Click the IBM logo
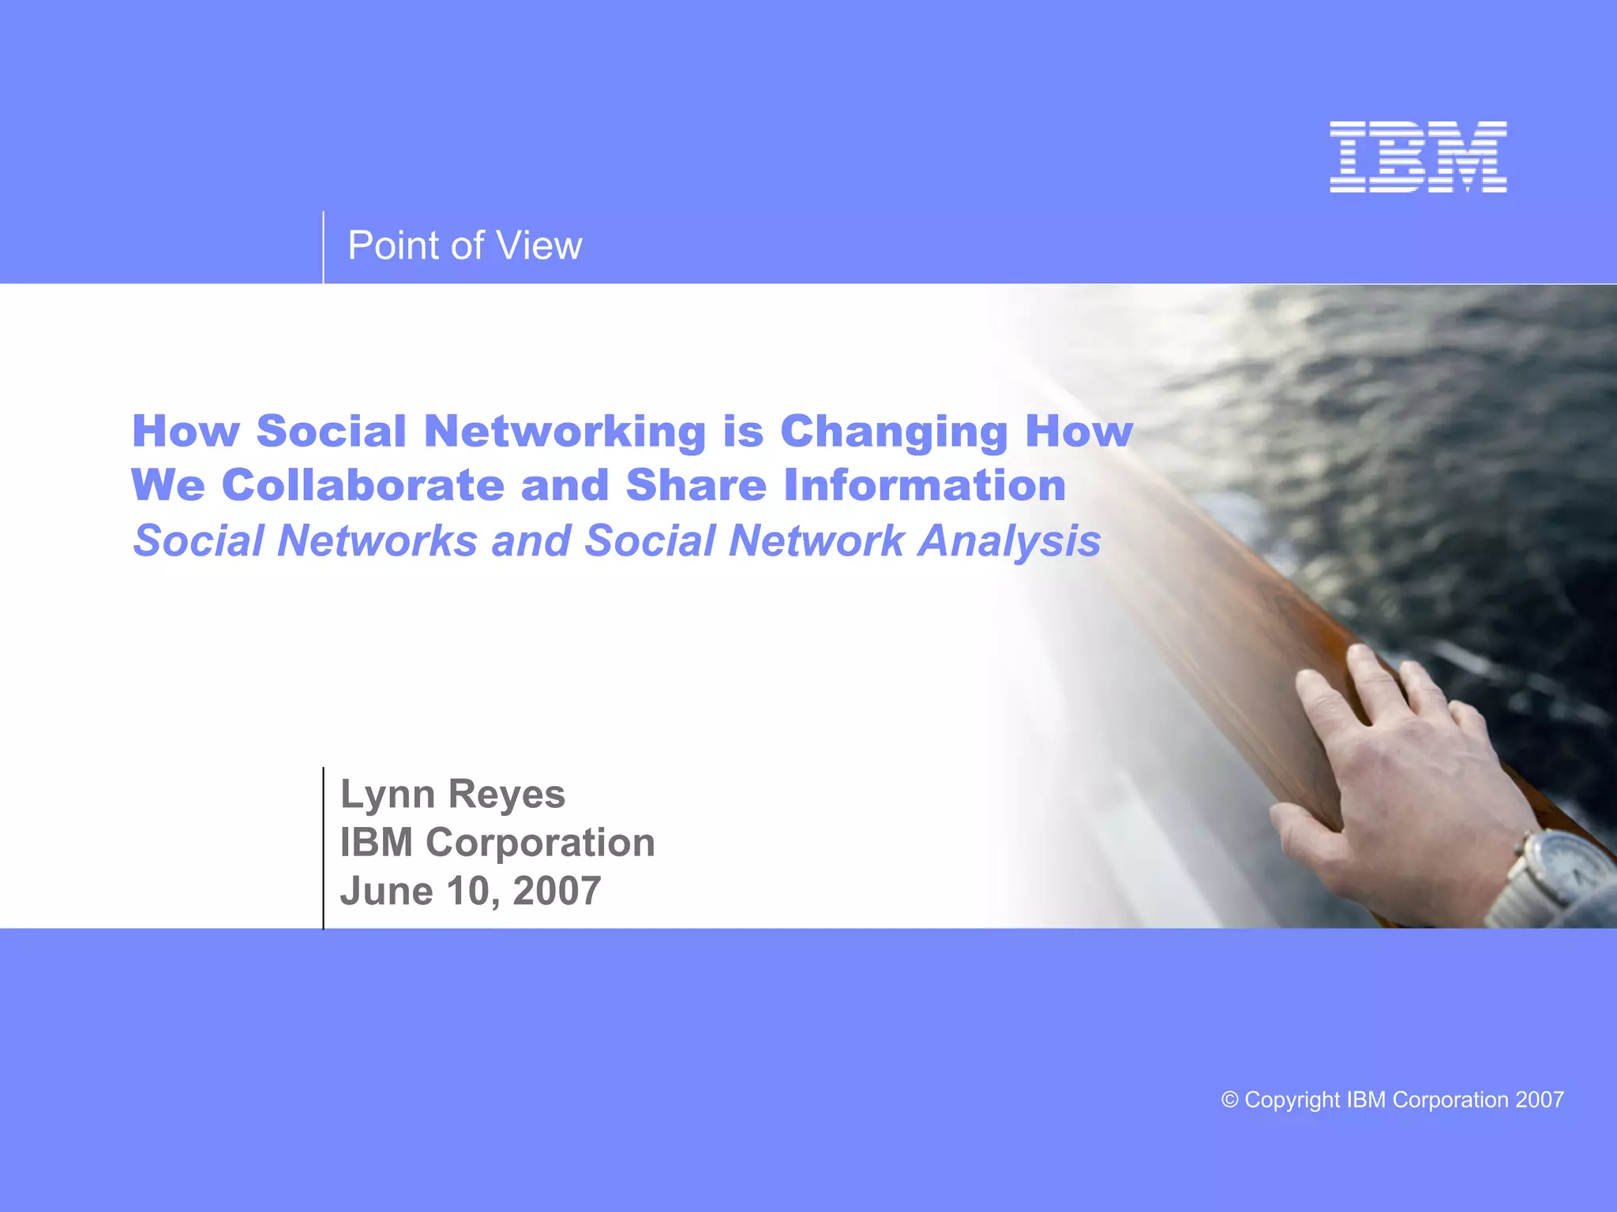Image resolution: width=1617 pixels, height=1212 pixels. click(1418, 157)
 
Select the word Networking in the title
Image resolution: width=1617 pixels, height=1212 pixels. click(565, 432)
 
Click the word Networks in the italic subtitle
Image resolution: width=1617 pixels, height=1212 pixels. click(377, 541)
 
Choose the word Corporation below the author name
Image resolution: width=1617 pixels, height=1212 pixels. click(540, 843)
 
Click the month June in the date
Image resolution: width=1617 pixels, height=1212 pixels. click(386, 892)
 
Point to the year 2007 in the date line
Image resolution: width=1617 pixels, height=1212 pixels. click(557, 892)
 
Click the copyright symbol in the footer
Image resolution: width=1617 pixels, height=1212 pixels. click(1229, 1099)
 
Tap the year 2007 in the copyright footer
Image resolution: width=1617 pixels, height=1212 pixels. click(1540, 1099)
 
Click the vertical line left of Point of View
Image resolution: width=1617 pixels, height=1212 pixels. click(323, 247)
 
